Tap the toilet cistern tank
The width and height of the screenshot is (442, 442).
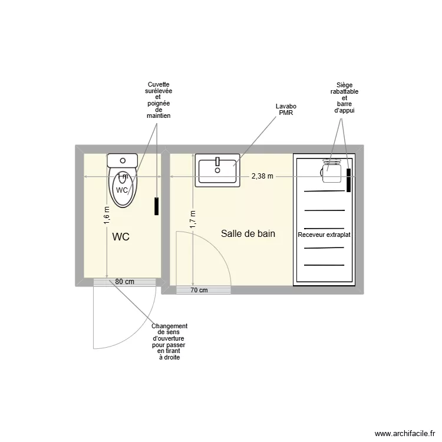[123, 160]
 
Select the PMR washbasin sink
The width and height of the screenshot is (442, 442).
[217, 171]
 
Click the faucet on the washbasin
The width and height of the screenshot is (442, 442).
[218, 161]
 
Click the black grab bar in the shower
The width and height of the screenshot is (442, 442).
[349, 180]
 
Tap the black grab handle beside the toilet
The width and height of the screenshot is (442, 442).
[157, 206]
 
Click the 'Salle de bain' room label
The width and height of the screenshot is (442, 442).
[248, 234]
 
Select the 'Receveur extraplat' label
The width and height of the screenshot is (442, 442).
[325, 235]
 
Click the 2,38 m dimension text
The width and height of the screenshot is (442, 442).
[262, 176]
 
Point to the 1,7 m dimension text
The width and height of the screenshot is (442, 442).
[193, 219]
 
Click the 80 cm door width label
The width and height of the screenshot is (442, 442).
[124, 282]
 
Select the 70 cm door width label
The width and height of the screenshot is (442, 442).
[199, 290]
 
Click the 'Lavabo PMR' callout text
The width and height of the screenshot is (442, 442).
[286, 110]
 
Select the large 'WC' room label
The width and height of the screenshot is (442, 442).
[121, 237]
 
